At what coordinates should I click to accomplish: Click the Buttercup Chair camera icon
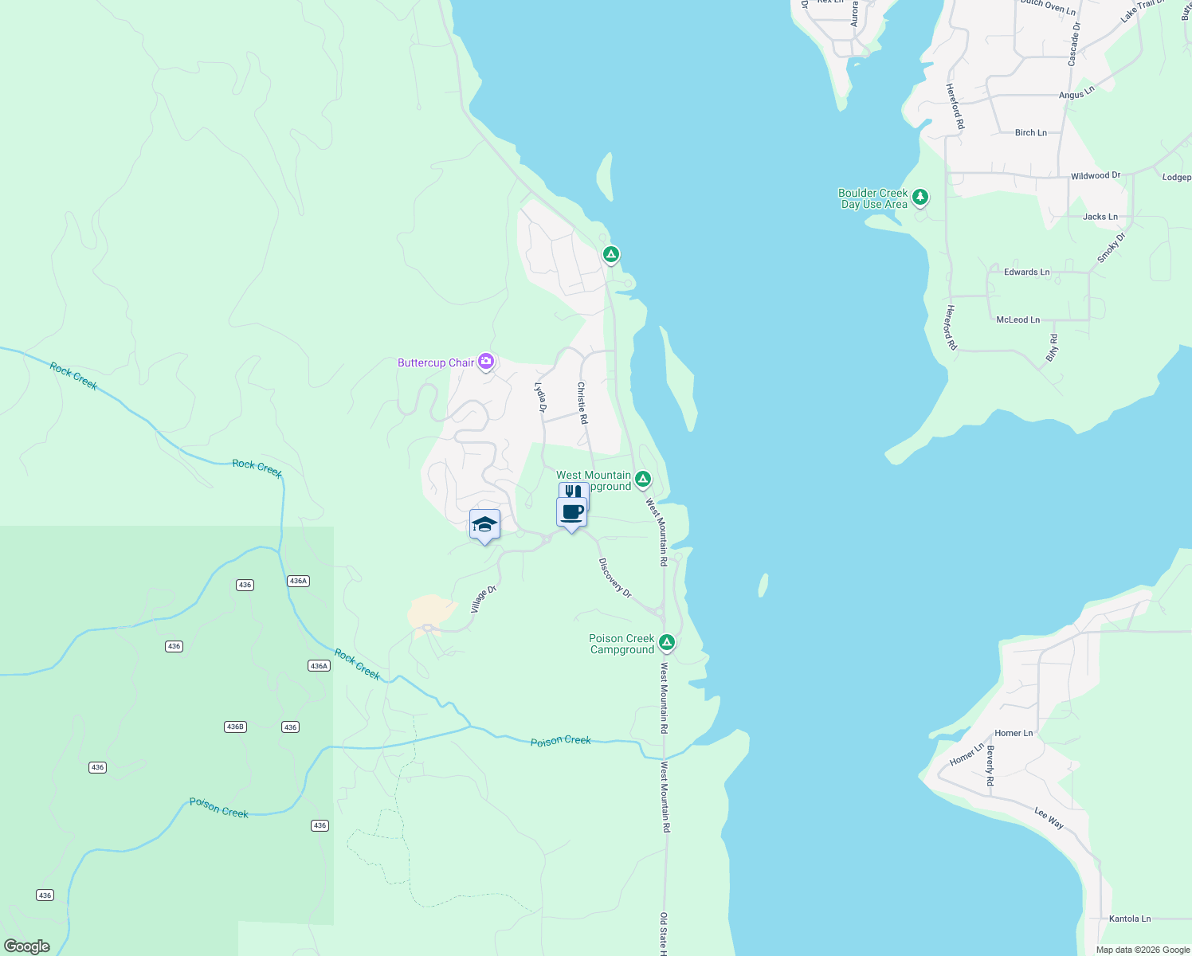point(486,362)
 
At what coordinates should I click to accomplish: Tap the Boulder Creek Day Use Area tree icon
point(920,197)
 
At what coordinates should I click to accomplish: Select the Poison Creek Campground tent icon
point(667,642)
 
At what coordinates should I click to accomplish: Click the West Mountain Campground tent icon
point(643,480)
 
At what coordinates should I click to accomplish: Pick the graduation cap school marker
point(484,525)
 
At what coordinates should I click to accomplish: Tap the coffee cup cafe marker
point(572,512)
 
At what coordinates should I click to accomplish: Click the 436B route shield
point(235,727)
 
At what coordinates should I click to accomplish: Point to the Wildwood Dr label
point(1096,176)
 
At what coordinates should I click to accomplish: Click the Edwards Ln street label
point(1026,272)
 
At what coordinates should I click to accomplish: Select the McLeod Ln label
point(1018,320)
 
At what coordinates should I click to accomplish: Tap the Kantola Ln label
point(1130,919)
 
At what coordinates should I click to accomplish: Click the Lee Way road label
point(1049,818)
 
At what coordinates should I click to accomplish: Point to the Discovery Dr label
point(614,578)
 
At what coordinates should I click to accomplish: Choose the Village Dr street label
point(484,599)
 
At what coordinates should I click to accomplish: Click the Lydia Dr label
point(541,398)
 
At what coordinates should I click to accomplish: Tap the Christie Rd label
point(582,402)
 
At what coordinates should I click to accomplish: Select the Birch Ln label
point(1030,133)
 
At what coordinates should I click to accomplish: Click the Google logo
point(26,946)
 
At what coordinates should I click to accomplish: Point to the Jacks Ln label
point(1100,217)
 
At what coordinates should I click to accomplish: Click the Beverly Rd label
point(990,766)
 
